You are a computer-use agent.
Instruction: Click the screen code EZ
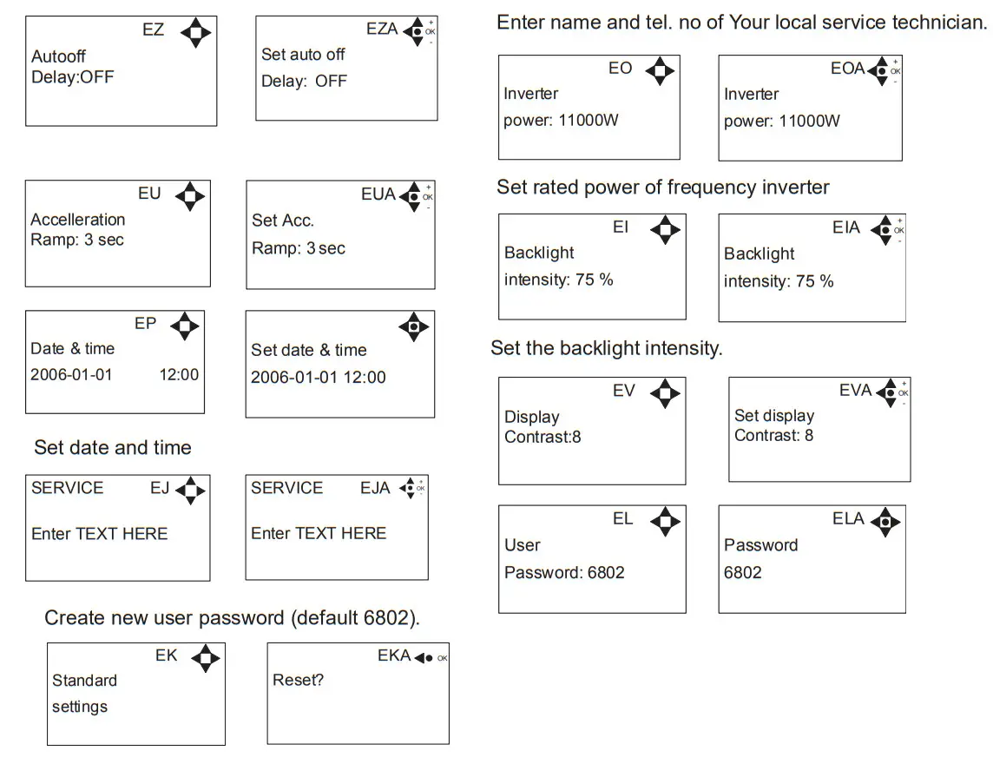pos(153,30)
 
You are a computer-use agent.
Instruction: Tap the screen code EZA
pos(382,29)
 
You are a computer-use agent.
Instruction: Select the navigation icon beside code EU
pos(190,196)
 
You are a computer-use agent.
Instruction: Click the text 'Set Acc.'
pos(282,221)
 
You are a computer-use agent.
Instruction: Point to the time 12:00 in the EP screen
pos(179,375)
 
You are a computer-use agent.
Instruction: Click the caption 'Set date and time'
pos(113,448)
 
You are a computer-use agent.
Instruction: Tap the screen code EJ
pos(160,488)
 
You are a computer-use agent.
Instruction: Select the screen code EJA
pos(375,488)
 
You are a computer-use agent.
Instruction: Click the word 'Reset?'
pos(298,680)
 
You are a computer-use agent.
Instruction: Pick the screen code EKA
pos(394,656)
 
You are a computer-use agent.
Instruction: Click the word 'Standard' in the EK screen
pos(84,681)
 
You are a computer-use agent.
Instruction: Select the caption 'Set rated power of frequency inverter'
pos(663,188)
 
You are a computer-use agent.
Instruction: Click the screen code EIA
pos(845,228)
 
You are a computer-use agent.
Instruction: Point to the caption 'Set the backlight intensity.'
pos(606,349)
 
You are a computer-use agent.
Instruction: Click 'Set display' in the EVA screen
pos(774,416)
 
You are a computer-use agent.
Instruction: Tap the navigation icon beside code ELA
pos(884,522)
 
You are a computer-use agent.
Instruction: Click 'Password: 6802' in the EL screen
pos(564,573)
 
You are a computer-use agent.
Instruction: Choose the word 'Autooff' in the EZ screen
pos(59,56)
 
